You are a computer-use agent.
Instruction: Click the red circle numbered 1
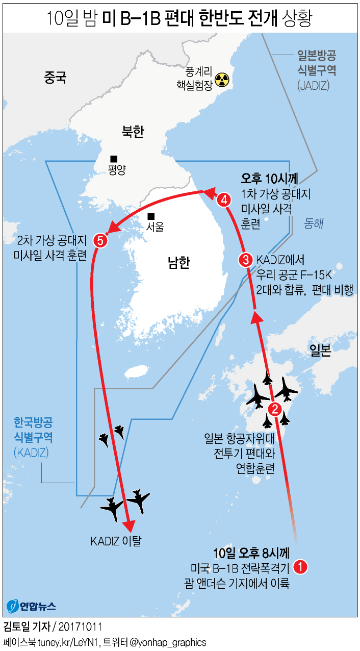coord(301,566)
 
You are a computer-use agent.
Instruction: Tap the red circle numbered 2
coord(274,408)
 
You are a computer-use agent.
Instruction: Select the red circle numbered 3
coord(246,260)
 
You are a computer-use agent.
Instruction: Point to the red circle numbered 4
coord(223,200)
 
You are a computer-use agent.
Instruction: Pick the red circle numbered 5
coord(101,240)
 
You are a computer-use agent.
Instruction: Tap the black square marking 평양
coord(114,159)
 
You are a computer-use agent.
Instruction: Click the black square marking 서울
coord(151,216)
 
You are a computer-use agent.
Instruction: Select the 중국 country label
coord(56,78)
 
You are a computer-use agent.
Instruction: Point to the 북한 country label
coord(133,133)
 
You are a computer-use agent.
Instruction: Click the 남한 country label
coord(178,262)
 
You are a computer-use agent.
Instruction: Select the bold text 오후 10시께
coord(270,179)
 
